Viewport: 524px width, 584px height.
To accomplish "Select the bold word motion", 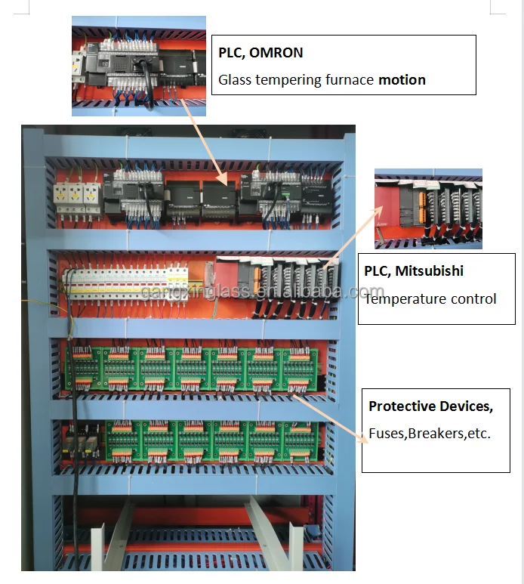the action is pyautogui.click(x=402, y=79).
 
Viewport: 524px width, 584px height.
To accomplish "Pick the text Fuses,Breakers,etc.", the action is pyautogui.click(x=430, y=434).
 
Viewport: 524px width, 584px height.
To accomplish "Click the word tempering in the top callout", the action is pyautogui.click(x=287, y=79).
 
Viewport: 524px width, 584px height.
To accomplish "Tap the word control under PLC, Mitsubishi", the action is pyautogui.click(x=473, y=298).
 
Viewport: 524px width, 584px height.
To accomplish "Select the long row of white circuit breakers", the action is pyautogui.click(x=125, y=285).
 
